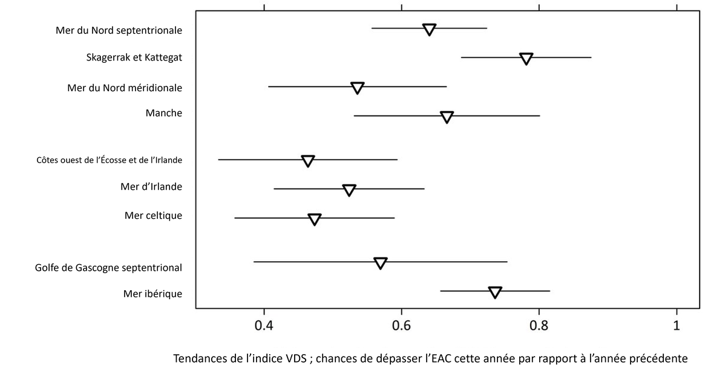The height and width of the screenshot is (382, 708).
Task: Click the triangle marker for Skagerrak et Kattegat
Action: (526, 58)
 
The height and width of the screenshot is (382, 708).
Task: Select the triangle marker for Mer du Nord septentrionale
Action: (430, 29)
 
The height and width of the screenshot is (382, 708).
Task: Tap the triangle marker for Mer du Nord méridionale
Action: (358, 88)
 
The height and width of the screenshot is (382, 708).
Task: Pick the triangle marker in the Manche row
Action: (447, 117)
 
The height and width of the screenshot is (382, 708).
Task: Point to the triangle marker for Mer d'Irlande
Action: (349, 190)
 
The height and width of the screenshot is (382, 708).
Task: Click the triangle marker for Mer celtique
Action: (315, 219)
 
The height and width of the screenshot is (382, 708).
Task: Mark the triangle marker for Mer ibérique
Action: (495, 292)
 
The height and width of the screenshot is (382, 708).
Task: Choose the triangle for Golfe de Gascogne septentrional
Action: (381, 263)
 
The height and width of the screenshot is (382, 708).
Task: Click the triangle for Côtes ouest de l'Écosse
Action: (308, 161)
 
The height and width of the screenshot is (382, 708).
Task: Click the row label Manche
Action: (164, 112)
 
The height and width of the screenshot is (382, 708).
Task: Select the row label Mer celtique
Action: (153, 215)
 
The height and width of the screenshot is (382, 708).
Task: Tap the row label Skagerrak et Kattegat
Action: (134, 58)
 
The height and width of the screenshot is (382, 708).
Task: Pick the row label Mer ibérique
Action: (152, 294)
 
